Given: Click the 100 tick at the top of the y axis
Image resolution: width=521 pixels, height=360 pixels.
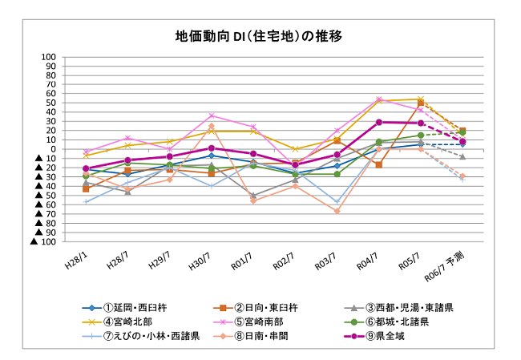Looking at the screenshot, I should (47, 57).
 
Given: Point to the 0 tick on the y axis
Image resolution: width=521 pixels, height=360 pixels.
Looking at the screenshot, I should (52, 149).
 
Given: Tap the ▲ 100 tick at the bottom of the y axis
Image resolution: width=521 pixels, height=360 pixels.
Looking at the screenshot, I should (43, 241).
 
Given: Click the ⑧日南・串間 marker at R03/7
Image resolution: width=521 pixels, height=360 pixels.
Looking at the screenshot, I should (337, 211).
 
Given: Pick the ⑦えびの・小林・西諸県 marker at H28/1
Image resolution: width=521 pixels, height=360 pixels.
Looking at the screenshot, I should (86, 201).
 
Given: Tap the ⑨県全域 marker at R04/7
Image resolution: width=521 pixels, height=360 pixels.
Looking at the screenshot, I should (378, 123).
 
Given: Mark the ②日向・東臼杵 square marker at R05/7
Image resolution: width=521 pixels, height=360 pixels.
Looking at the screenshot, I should (420, 103).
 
